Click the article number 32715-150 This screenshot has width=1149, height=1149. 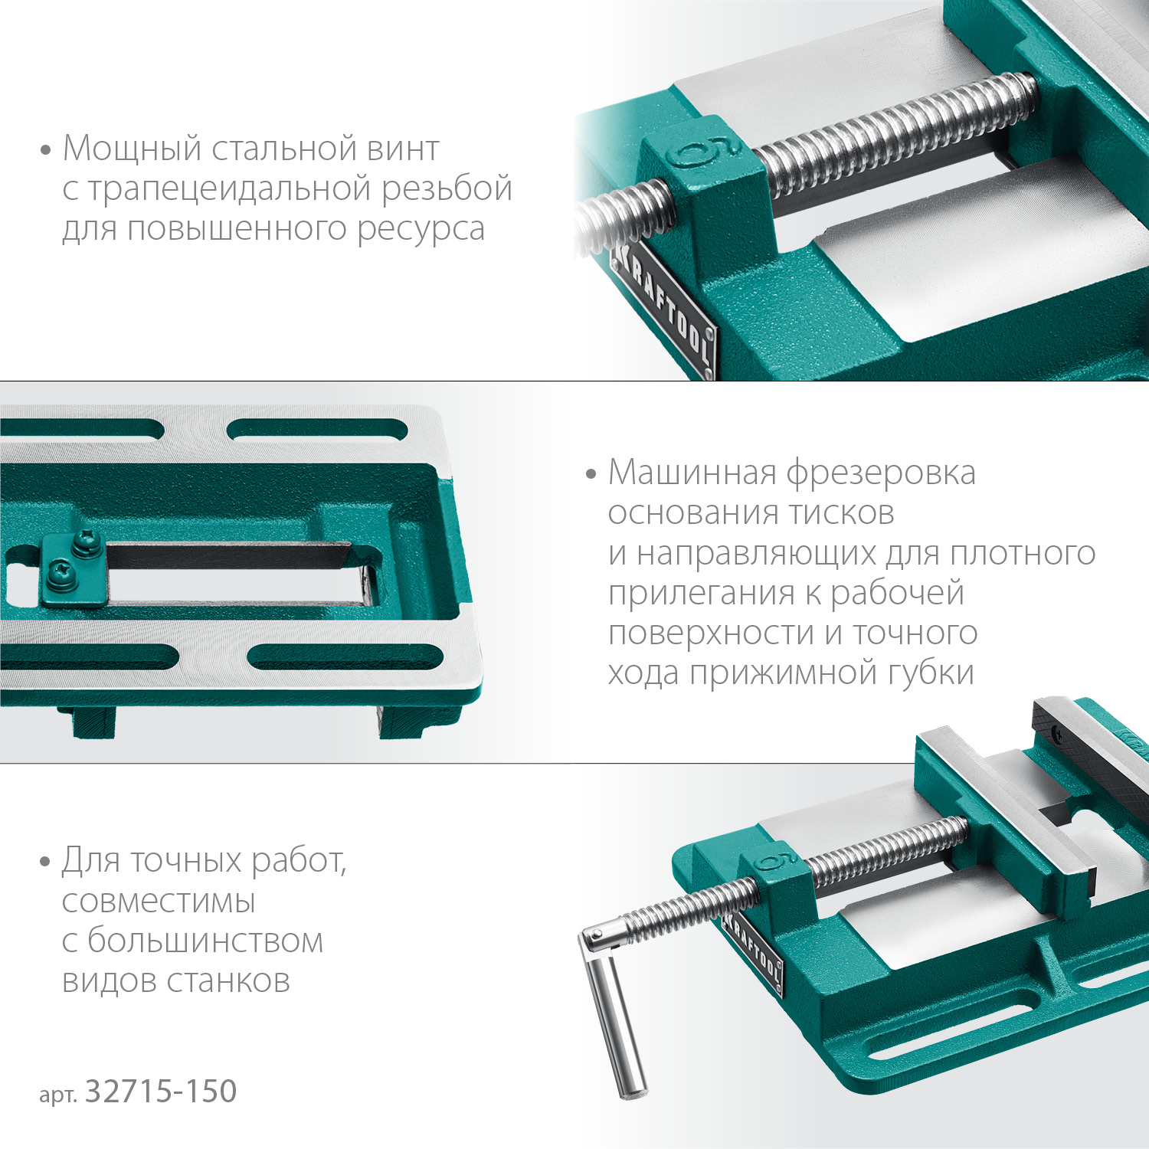click(160, 1092)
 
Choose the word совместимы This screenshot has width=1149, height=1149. click(158, 902)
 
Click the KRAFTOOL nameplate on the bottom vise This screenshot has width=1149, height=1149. click(754, 951)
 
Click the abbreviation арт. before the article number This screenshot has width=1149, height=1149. click(57, 1095)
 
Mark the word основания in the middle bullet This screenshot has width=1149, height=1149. click(686, 513)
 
